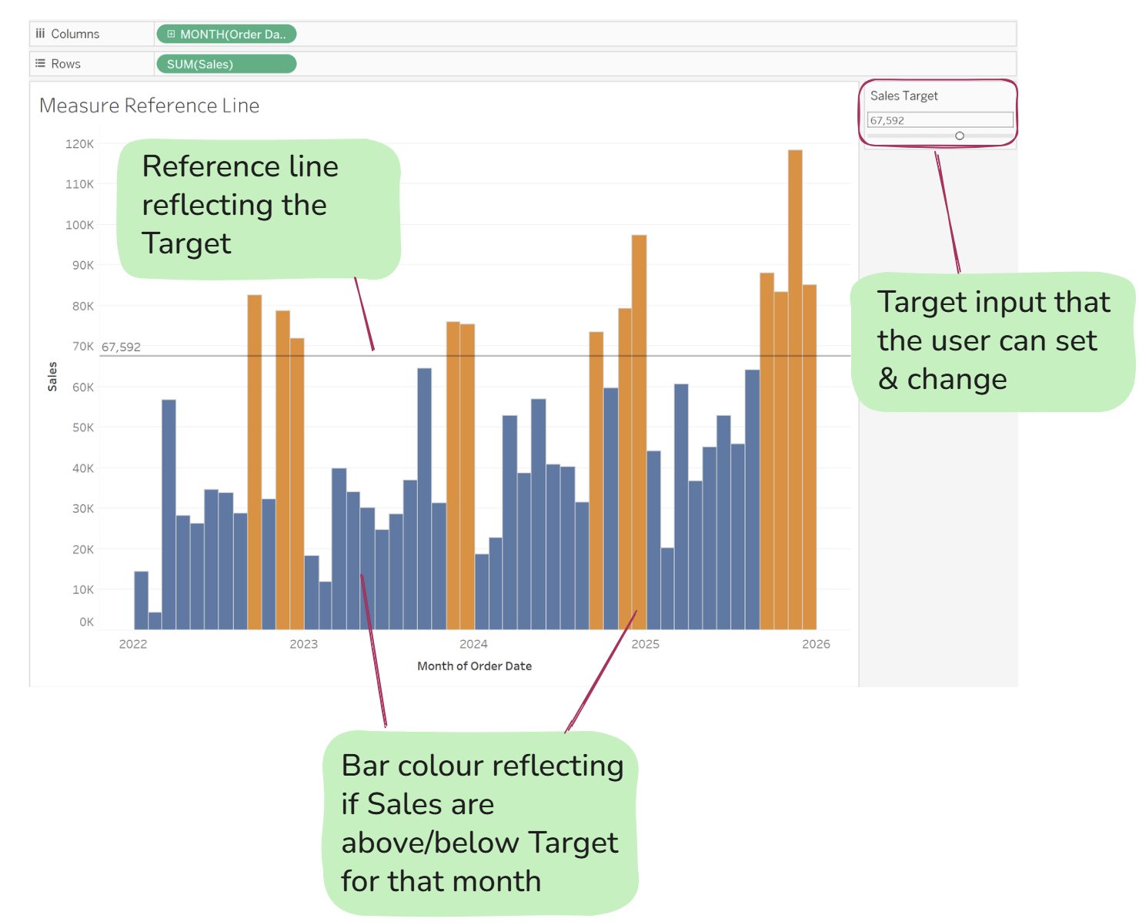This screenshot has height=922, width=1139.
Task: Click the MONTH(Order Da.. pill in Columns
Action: (x=226, y=34)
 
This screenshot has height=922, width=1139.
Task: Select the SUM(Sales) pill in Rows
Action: (x=226, y=64)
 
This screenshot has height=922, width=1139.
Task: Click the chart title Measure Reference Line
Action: (x=149, y=106)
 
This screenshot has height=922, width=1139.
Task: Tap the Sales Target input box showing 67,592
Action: (x=940, y=120)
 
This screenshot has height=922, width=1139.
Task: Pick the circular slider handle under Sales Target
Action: (x=960, y=136)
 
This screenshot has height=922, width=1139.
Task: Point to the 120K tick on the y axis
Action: (x=79, y=144)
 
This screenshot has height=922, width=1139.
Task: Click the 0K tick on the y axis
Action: (x=86, y=622)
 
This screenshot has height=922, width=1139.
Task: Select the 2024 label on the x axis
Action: (x=473, y=644)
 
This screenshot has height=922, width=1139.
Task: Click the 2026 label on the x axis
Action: (x=816, y=644)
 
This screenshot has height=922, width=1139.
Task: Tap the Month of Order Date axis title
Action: (x=474, y=666)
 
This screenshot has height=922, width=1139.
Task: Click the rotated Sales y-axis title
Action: (x=52, y=376)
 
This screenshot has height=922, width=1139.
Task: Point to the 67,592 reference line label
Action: (x=121, y=347)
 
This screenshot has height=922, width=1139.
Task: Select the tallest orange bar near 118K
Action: (x=795, y=390)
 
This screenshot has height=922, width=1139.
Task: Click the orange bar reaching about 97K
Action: (x=639, y=432)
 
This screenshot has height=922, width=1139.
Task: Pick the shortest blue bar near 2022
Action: (x=155, y=621)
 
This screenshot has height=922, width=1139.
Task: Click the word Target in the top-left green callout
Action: (x=186, y=243)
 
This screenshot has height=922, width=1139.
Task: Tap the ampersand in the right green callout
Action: (x=887, y=379)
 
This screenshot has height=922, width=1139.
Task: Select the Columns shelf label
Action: (x=75, y=34)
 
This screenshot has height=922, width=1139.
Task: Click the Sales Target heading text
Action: (x=904, y=96)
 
